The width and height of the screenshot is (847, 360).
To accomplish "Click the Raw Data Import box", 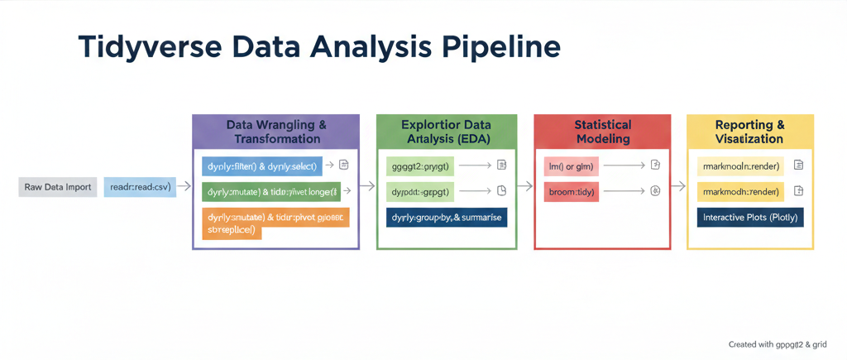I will [x=57, y=187].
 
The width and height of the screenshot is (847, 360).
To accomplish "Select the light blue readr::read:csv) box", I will [x=139, y=187].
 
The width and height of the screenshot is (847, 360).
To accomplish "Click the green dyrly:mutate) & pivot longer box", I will [x=270, y=192].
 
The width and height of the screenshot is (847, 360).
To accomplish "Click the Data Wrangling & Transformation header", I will [x=275, y=132].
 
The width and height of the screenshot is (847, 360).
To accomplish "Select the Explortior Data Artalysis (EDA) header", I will [x=446, y=132].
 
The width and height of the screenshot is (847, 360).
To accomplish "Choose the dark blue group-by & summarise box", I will [x=446, y=217].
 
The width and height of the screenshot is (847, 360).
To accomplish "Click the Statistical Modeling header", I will [x=602, y=132].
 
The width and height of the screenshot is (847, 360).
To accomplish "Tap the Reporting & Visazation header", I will [x=749, y=132].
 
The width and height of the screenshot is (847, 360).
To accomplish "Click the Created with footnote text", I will [x=777, y=343].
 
